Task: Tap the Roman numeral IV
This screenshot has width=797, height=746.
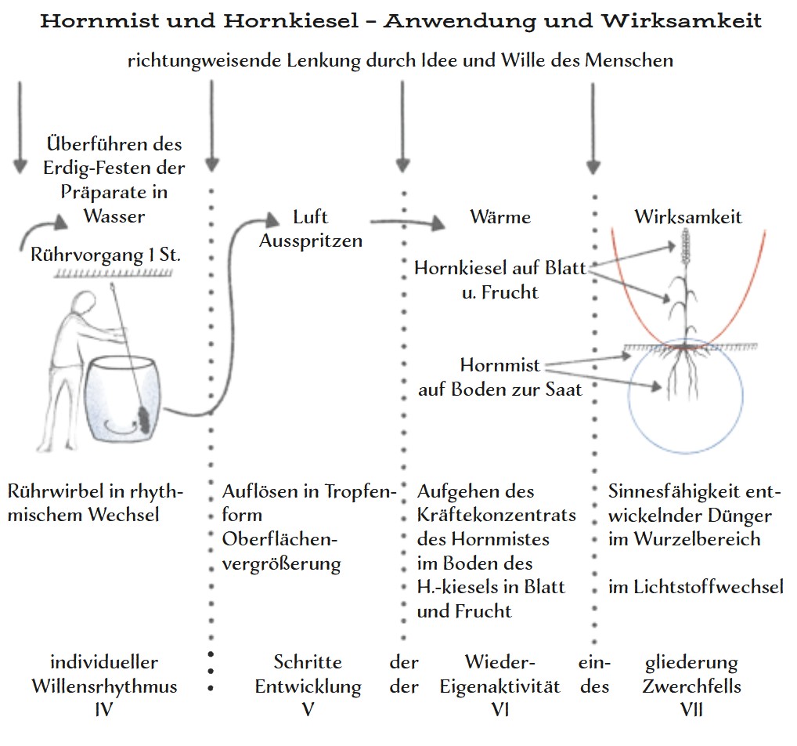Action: tap(104, 710)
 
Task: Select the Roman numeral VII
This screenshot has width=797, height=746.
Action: tap(691, 710)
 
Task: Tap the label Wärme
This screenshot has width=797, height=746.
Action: tap(500, 216)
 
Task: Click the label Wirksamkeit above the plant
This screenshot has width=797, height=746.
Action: tap(688, 216)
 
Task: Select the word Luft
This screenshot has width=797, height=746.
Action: tap(311, 217)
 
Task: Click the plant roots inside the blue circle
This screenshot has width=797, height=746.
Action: tap(683, 376)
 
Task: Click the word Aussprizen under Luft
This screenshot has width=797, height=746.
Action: tap(311, 241)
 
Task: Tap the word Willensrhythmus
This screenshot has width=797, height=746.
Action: tap(104, 687)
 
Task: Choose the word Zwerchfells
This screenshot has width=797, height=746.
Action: tap(691, 687)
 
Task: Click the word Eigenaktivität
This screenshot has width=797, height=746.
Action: tap(500, 687)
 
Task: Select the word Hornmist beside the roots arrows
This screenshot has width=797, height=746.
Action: tap(499, 366)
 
